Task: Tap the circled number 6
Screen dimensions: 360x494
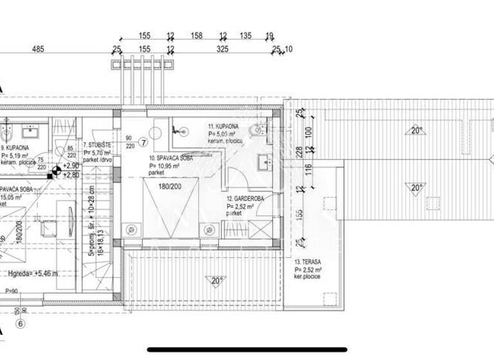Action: point(21,324)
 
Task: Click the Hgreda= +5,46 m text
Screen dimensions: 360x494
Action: point(33,273)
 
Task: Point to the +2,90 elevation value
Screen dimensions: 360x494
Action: point(71,166)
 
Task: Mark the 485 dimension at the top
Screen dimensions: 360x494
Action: point(38,48)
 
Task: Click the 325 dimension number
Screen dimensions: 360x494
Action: point(222,48)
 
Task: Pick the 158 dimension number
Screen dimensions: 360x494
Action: point(197,36)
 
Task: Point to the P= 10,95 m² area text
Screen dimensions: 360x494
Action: point(164,166)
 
